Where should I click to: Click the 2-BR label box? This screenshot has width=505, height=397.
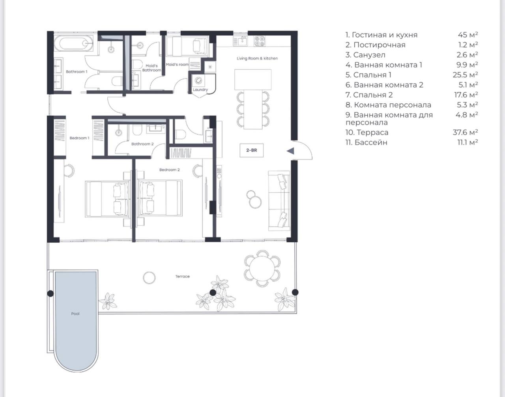pos(252,150)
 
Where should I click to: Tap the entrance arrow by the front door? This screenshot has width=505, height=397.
pos(290,151)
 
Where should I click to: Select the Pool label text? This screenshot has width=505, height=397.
pos(75,314)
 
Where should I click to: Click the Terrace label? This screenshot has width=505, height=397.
pos(182,276)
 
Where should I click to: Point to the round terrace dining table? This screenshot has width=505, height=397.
pos(262,268)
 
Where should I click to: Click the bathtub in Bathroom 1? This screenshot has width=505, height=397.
pos(74,43)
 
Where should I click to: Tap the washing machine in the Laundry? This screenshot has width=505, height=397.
pos(198,81)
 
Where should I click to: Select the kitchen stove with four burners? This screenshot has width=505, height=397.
pos(260,41)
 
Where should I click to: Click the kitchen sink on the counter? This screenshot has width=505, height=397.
pos(241,41)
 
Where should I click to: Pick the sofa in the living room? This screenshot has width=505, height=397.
pos(279,200)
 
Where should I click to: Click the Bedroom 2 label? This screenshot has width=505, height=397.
pos(169,170)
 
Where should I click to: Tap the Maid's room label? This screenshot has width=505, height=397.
pos(177,64)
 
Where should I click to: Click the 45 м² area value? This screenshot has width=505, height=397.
pos(468,35)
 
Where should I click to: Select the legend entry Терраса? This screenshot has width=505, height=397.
pos(367,132)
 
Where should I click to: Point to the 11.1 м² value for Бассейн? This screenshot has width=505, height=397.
pos(468,142)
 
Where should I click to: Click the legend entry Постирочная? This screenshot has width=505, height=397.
pos(376,45)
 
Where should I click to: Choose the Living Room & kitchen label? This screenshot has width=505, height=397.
pos(257,58)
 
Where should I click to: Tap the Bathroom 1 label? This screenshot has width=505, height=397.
pos(77,71)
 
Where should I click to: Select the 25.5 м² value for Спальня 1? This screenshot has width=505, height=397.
pos(465,75)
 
